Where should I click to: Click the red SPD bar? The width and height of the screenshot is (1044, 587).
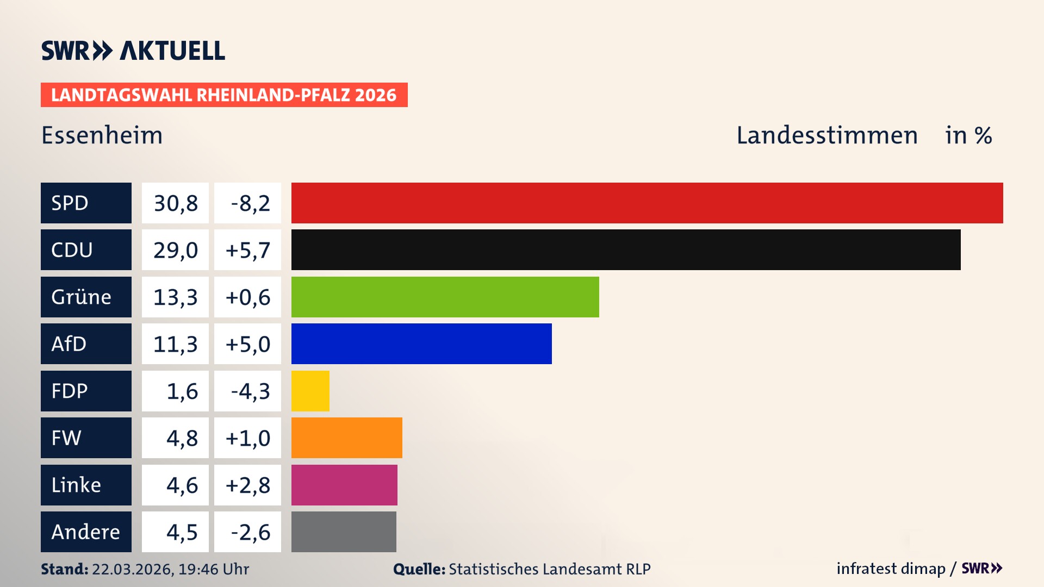[647, 203]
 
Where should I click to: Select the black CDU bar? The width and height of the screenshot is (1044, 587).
[625, 250]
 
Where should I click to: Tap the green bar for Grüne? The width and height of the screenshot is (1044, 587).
[445, 297]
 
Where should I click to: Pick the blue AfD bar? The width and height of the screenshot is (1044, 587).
[421, 344]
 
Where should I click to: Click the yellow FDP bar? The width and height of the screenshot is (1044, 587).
[310, 391]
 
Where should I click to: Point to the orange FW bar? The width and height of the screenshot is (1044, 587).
[346, 438]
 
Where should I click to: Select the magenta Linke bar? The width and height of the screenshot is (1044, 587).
[344, 485]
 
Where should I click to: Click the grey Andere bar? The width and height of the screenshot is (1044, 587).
[344, 532]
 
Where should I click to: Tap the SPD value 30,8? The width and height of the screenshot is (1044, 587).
[175, 203]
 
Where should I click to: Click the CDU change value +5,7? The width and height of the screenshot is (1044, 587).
[247, 250]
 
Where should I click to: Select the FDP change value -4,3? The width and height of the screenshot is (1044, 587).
[250, 391]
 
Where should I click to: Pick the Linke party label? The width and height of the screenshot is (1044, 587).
[76, 485]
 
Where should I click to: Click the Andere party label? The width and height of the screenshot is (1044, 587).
[85, 532]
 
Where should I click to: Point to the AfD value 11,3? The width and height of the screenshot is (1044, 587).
[175, 344]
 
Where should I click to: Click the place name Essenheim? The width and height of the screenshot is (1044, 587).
[102, 135]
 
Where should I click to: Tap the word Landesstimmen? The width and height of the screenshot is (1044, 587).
[826, 135]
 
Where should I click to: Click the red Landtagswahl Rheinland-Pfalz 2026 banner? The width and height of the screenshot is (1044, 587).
[224, 95]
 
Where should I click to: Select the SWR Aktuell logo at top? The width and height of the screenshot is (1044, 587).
[133, 51]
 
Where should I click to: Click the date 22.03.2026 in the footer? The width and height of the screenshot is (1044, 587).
[132, 569]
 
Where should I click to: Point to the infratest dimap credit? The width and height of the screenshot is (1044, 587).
[891, 569]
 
